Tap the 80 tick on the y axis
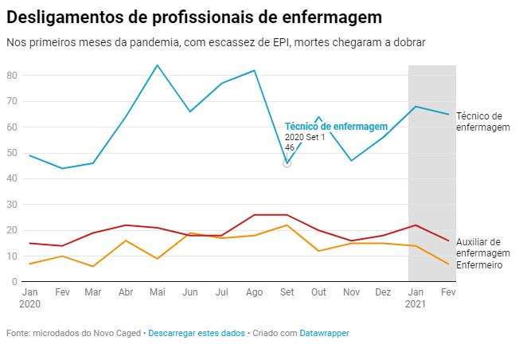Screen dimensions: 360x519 pyautogui.click(x=11, y=75)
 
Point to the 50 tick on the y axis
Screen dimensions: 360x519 pyautogui.click(x=11, y=152)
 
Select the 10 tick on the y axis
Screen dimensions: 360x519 pyautogui.click(x=11, y=256)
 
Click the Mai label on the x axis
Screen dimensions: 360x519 pyautogui.click(x=157, y=292)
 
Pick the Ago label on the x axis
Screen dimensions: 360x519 pyautogui.click(x=254, y=292)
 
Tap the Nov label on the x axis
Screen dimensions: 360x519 pyautogui.click(x=351, y=292)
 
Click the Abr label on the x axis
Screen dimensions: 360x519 pyautogui.click(x=125, y=292)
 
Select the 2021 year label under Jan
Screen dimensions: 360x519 pyautogui.click(x=416, y=303)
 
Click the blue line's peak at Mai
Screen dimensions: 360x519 pyautogui.click(x=157, y=65)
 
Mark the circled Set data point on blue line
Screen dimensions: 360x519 pyautogui.click(x=287, y=163)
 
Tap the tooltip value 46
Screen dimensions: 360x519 pyautogui.click(x=290, y=148)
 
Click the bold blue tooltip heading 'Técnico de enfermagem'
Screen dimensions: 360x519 pyautogui.click(x=336, y=127)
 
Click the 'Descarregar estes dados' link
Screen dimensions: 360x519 pyautogui.click(x=197, y=333)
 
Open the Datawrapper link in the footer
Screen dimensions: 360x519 pyautogui.click(x=324, y=333)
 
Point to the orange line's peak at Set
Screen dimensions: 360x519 pyautogui.click(x=287, y=225)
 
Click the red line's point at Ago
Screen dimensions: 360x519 pyautogui.click(x=254, y=214)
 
